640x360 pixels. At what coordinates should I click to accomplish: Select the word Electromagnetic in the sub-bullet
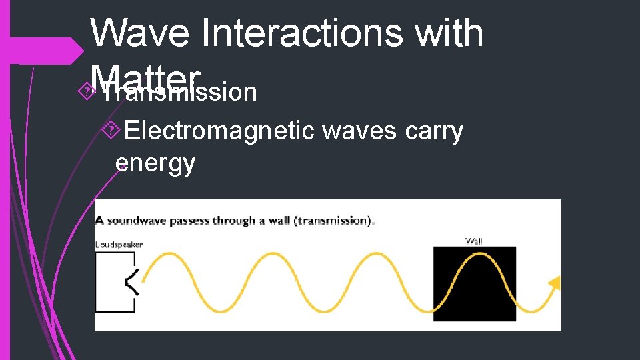(x=219, y=131)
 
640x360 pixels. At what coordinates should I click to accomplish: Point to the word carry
(x=435, y=131)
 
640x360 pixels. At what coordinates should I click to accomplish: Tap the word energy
(x=155, y=162)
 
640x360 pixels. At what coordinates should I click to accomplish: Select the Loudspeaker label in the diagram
(x=119, y=245)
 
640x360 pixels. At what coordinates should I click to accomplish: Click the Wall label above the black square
(x=473, y=241)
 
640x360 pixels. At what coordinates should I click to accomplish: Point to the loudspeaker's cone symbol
(x=132, y=283)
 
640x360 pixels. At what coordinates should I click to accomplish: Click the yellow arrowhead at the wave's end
(x=553, y=284)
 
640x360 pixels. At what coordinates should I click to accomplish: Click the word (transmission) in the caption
(x=337, y=221)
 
